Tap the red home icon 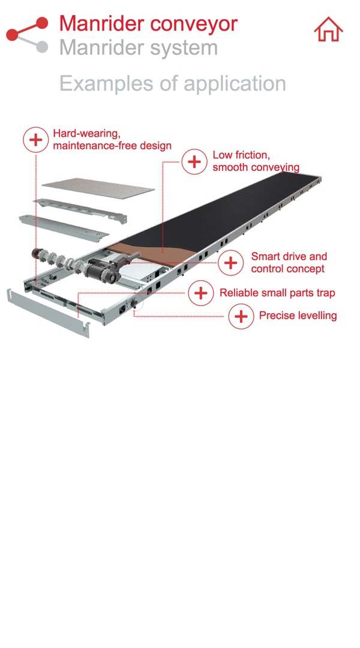point(328,29)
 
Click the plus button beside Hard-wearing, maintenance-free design point(35,140)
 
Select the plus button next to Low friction point(194,161)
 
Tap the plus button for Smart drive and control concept point(230,263)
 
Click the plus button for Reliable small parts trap point(200,293)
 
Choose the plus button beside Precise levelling point(241,316)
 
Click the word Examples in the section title point(104,83)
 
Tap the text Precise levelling point(298,316)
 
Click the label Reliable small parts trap point(277,293)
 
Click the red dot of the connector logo point(42,23)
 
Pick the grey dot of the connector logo point(41,47)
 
